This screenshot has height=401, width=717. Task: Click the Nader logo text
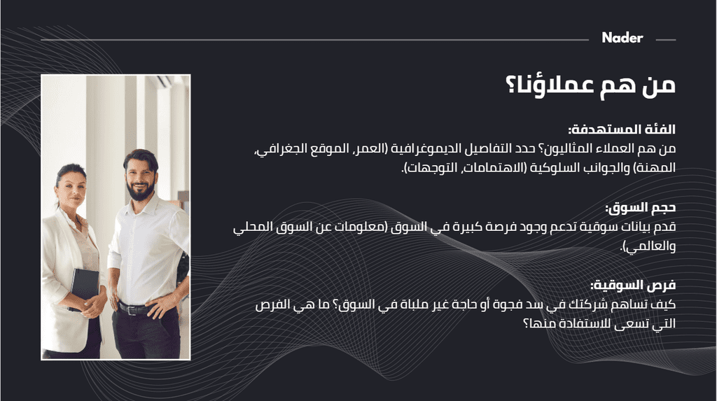pyautogui.click(x=622, y=38)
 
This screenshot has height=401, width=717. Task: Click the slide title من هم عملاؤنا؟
pyautogui.click(x=590, y=85)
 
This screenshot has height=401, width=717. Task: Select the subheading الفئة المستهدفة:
pyautogui.click(x=622, y=130)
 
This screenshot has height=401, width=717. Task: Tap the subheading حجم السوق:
pyautogui.click(x=641, y=208)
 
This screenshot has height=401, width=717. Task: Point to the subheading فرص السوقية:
pyautogui.click(x=633, y=286)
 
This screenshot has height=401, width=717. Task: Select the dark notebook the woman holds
pyautogui.click(x=84, y=289)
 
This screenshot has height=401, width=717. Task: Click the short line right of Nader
pyautogui.click(x=666, y=40)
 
